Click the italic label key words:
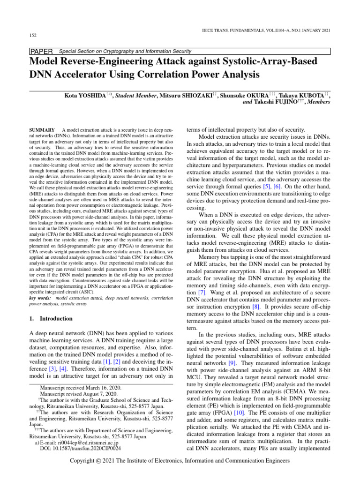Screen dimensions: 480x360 [40, 298]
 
